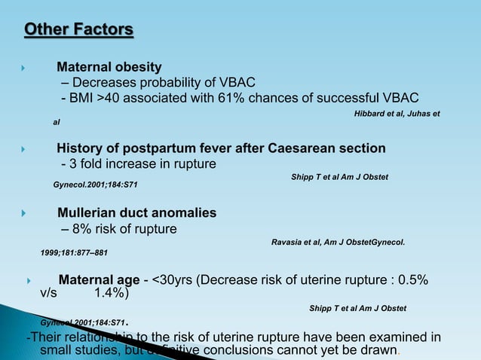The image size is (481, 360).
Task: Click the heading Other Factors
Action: tap(79, 30)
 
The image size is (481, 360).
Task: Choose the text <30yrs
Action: tap(172, 281)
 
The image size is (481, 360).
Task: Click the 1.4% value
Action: tap(111, 294)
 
